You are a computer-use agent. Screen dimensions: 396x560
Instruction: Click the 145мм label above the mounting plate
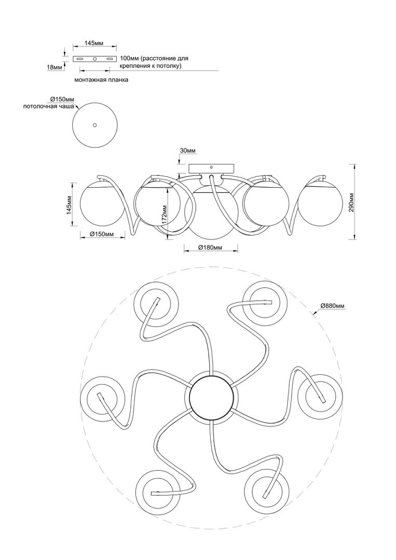94,43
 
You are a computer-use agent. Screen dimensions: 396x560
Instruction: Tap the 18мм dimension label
54,67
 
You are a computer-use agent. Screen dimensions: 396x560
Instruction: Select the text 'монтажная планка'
101,80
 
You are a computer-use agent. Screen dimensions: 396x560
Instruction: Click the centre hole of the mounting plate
95,59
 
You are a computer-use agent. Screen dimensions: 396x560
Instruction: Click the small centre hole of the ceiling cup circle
94,125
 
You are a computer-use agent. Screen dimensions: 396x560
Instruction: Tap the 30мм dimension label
188,151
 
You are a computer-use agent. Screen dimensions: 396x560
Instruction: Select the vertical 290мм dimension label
351,203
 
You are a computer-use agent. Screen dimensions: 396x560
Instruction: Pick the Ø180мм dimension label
211,247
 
